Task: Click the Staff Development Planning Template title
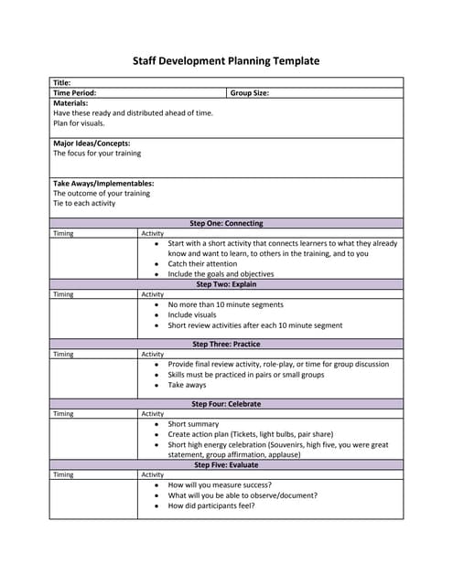coord(226,61)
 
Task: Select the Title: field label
coord(62,83)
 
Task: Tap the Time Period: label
coord(74,93)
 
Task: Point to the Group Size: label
coord(249,93)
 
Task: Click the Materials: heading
coord(70,103)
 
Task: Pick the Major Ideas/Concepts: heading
coord(92,144)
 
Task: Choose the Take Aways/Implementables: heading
coord(103,184)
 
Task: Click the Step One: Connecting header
coord(226,223)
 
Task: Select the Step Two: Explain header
coord(226,284)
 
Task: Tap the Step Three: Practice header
coord(226,345)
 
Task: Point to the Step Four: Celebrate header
coord(226,404)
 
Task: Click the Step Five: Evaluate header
coord(226,465)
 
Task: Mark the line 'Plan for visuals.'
coord(79,123)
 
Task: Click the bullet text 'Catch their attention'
coord(202,263)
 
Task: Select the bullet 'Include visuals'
coord(192,314)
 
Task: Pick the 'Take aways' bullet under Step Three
coord(187,385)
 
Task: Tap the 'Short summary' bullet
coord(193,424)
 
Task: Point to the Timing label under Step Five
coord(63,475)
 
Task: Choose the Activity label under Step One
coord(152,233)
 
